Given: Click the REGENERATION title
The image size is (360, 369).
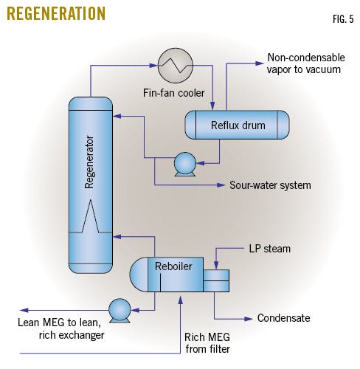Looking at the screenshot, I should point(55,14).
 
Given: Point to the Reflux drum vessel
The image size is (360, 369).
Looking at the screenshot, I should point(236,125).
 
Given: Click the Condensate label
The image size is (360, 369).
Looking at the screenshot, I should point(283,319).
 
